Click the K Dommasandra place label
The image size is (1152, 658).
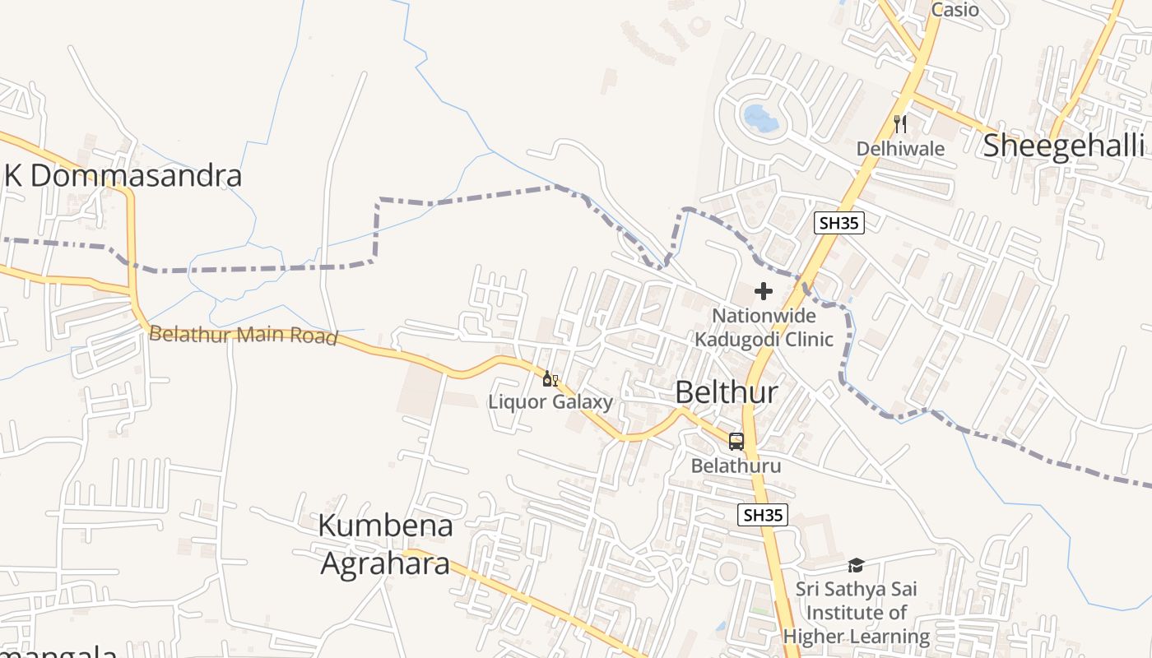click(123, 176)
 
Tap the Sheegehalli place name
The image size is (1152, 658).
click(1063, 146)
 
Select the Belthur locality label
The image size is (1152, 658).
click(726, 392)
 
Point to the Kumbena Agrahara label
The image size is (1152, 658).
click(385, 544)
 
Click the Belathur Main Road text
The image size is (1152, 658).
click(244, 336)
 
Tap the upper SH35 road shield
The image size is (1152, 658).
click(838, 222)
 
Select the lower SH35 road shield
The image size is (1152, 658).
click(762, 516)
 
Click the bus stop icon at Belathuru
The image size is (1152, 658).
click(736, 442)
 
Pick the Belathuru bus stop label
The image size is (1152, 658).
click(736, 466)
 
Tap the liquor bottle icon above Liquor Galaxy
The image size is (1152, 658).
click(549, 379)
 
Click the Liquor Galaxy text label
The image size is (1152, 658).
click(550, 402)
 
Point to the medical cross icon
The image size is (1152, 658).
click(764, 291)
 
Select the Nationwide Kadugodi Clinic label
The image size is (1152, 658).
click(764, 327)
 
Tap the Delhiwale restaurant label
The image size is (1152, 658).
click(900, 149)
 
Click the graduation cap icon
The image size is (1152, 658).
click(856, 565)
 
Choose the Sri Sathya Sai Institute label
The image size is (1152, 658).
click(856, 613)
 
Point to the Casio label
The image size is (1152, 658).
click(955, 10)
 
